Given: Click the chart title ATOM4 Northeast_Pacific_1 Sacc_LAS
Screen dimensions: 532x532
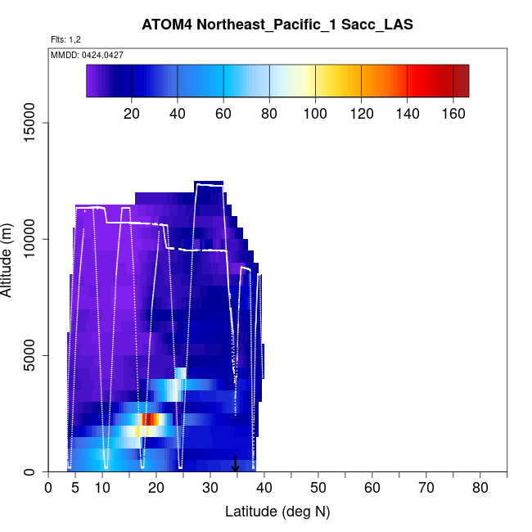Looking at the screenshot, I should (277, 25).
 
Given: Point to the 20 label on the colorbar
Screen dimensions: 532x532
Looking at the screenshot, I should (132, 113).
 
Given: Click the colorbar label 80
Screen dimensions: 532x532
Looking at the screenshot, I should (269, 113).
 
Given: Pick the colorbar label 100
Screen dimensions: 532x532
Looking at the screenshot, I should (315, 113).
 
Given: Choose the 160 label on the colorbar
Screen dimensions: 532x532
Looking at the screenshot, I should (453, 113).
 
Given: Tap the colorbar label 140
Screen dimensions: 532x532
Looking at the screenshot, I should (407, 113).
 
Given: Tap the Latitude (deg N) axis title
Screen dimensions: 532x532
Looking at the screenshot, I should (277, 512).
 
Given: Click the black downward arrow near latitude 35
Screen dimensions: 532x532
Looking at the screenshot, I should (236, 465).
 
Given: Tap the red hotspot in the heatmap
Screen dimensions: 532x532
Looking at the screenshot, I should (147, 420).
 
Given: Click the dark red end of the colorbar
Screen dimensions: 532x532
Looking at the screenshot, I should (462, 80).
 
